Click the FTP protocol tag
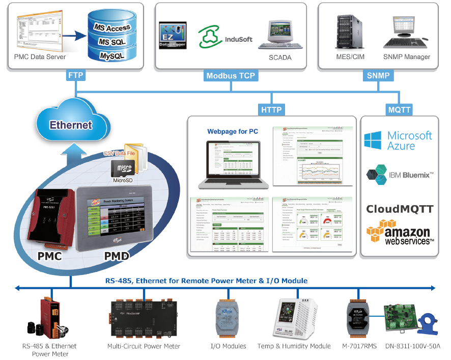coord(75,76)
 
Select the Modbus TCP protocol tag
coord(231,76)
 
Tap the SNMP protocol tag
coord(378,76)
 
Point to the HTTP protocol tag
coord(271,109)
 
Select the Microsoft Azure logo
coord(399,141)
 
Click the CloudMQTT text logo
coord(400,209)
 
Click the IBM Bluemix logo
coord(400,175)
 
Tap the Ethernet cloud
coord(70,124)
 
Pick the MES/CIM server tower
coord(348,32)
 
